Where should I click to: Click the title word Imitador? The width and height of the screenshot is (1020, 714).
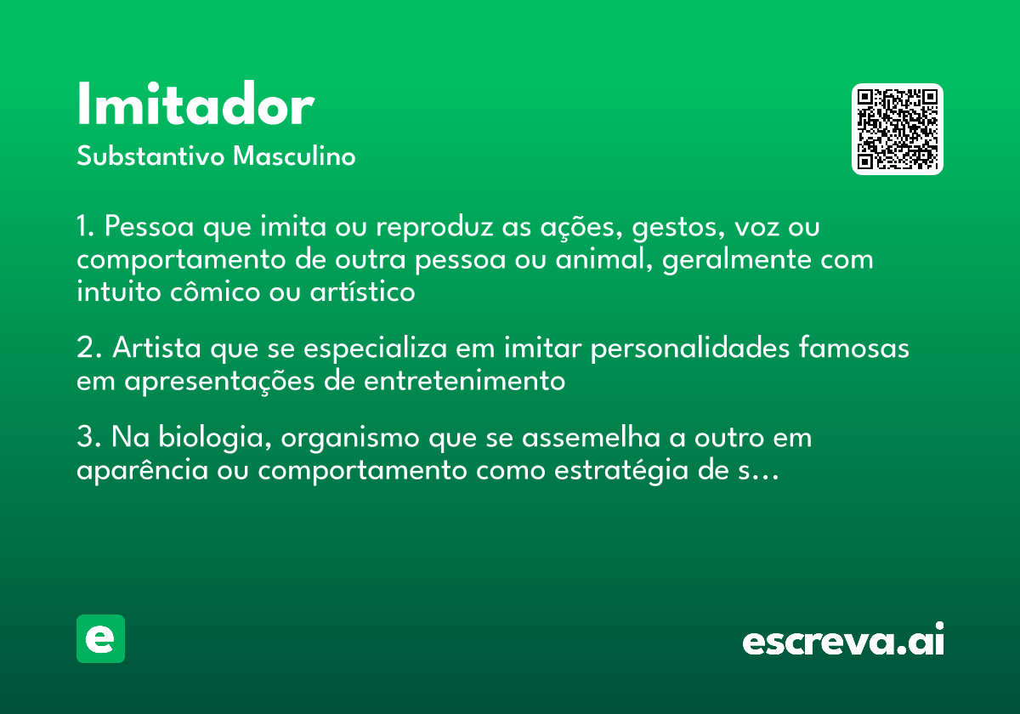[x=195, y=104]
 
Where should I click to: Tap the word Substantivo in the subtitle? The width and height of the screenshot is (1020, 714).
[x=150, y=156]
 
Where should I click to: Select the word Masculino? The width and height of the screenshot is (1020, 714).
[x=294, y=156]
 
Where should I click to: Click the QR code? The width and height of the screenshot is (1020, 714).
[x=897, y=129]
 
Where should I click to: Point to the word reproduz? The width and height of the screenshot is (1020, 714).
[x=434, y=227]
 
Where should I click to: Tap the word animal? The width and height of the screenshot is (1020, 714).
[x=603, y=259]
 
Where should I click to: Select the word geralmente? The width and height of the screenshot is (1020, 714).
[x=736, y=260]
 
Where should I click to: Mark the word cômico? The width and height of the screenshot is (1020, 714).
[x=215, y=292]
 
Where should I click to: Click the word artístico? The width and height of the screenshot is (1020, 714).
[x=362, y=292]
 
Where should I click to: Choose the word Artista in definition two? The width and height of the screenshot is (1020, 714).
[x=156, y=348]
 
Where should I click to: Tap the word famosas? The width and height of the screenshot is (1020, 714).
[x=853, y=348]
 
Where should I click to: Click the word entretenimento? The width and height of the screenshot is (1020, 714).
[x=464, y=381]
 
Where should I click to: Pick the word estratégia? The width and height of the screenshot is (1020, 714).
[x=620, y=471]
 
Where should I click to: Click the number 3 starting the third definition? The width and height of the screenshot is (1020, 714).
[x=85, y=436]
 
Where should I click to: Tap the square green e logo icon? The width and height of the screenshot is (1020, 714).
[x=100, y=638]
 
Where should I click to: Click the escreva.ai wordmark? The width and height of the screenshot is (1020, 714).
[x=843, y=638]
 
